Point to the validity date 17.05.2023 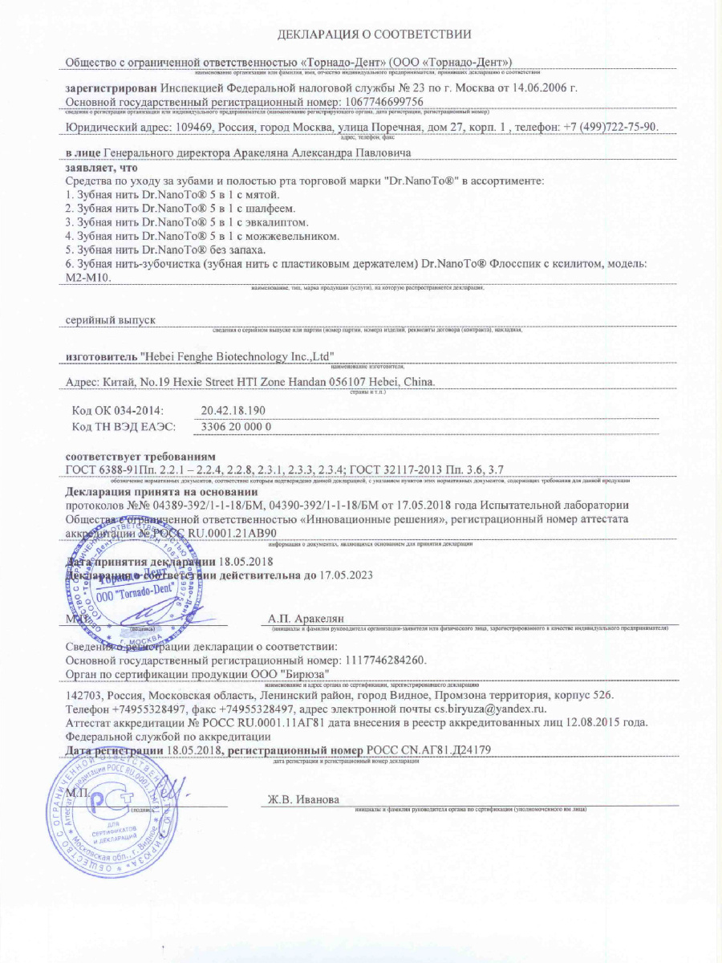[359, 575]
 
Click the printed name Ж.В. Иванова [304, 800]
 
